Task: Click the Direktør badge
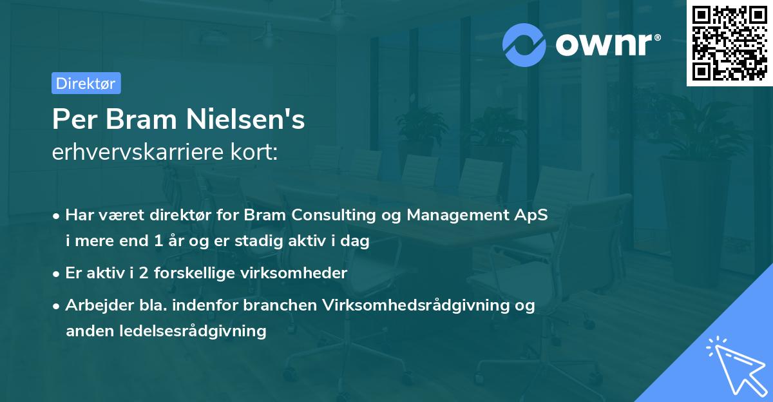click(x=86, y=83)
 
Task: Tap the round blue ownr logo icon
click(x=524, y=44)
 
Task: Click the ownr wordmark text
click(x=604, y=44)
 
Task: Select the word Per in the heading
click(x=69, y=119)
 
